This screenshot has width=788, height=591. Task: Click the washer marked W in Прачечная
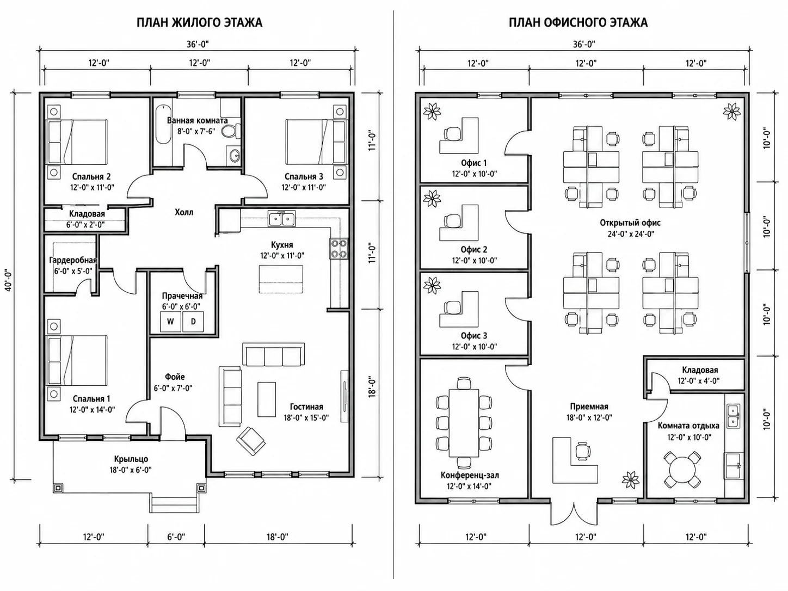click(170, 321)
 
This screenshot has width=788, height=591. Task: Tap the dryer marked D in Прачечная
click(193, 321)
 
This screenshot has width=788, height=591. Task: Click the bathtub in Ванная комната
click(164, 124)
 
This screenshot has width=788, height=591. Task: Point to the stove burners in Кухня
click(339, 249)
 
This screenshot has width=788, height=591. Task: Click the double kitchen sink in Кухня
click(282, 219)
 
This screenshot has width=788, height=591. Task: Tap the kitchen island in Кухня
click(281, 280)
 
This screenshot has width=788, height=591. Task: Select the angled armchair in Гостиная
click(251, 441)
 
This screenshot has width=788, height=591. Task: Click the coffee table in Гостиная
click(267, 399)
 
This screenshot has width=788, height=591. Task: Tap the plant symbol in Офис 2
click(432, 198)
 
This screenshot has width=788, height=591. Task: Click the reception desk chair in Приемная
click(582, 451)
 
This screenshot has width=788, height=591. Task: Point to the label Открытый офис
click(630, 223)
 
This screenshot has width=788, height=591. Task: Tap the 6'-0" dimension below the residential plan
click(176, 537)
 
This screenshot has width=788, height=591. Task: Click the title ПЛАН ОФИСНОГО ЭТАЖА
click(578, 23)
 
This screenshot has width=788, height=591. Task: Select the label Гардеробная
click(73, 260)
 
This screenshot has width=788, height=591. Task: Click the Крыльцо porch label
click(131, 459)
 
